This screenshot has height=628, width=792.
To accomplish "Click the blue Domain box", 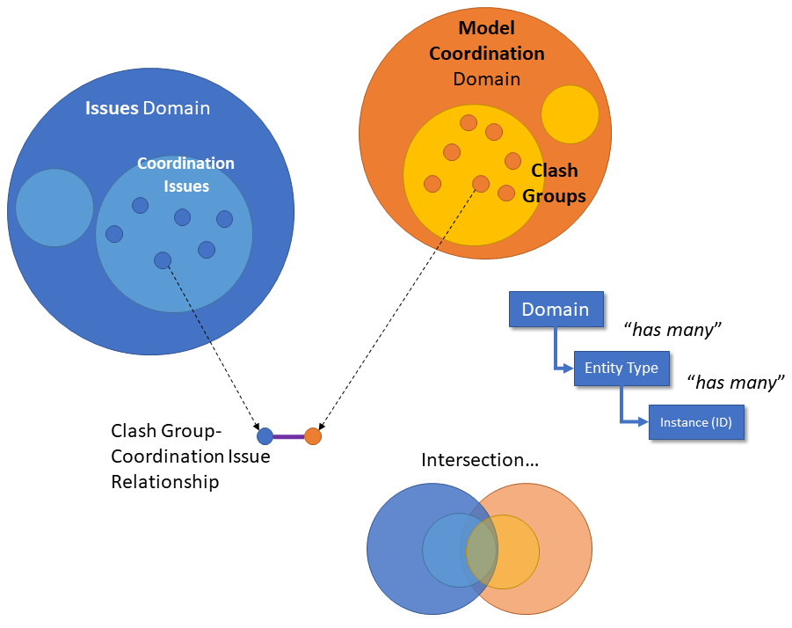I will click(x=556, y=309).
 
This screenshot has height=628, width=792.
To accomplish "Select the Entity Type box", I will click(x=621, y=368).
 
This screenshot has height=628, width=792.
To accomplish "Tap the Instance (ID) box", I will click(x=695, y=422).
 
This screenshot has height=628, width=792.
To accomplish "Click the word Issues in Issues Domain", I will click(x=112, y=109).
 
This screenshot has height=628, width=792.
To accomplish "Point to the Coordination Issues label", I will click(x=185, y=174).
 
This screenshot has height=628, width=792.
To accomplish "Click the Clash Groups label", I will click(x=554, y=184).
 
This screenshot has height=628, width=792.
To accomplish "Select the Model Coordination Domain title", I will click(x=486, y=54).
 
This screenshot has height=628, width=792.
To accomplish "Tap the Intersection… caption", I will click(x=479, y=460).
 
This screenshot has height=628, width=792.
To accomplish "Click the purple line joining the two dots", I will click(x=288, y=436).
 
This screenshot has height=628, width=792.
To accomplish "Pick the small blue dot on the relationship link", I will click(x=265, y=435).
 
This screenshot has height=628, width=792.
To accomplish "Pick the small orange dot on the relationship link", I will click(x=313, y=435).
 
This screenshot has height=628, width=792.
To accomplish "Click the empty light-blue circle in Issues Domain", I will click(x=54, y=208).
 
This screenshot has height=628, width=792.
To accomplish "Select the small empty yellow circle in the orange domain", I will click(x=570, y=114).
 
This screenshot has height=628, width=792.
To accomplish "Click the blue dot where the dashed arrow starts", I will click(x=162, y=259).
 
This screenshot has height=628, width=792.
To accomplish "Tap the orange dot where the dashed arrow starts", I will click(x=480, y=184).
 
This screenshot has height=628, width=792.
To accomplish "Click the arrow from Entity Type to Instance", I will click(x=623, y=409).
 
